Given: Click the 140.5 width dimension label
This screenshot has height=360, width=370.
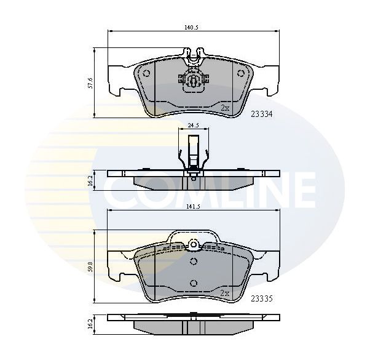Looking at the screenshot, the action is (191, 28).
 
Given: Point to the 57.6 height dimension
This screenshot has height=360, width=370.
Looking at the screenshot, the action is (90, 83).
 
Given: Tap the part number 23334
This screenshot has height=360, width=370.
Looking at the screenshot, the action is (261, 114).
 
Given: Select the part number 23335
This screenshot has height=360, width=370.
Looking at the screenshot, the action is (261, 299).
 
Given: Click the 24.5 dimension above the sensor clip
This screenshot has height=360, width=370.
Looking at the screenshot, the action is (193, 126).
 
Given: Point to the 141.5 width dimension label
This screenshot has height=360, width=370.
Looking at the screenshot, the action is (193, 206).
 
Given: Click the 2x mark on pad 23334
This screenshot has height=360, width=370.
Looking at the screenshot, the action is (225, 108).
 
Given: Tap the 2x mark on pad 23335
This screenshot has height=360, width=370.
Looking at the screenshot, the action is (225, 293).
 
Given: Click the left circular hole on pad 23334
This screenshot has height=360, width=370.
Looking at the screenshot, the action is (146, 73).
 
